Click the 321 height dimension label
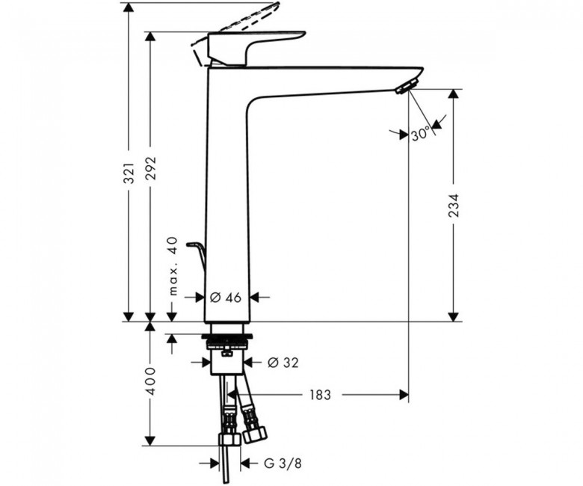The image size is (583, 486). (129, 173)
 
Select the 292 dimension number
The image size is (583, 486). (150, 168)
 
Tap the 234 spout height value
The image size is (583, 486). (454, 206)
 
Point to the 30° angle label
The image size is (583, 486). (421, 134)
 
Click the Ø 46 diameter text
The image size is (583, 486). (226, 298)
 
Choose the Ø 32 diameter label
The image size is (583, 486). (283, 363)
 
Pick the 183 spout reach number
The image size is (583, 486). (320, 395)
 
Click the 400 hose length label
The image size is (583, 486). (150, 381)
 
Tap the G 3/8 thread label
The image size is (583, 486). (283, 464)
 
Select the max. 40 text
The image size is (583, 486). (173, 266)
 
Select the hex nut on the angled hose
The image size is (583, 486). (256, 434)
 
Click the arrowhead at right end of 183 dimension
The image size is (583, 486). (404, 395)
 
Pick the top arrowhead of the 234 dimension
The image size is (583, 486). (452, 93)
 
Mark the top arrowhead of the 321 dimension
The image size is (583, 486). (129, 7)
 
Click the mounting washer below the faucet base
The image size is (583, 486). (227, 337)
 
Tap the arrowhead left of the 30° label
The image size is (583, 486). (404, 135)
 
